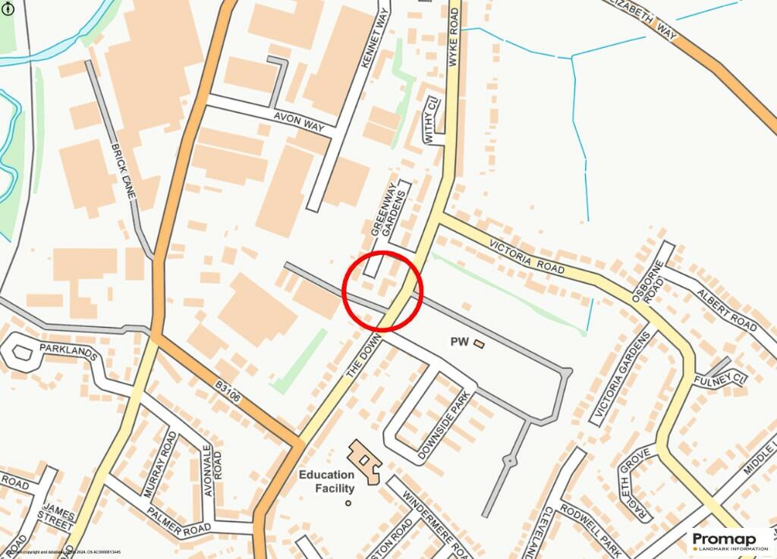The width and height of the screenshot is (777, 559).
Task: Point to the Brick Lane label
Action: point(122,171)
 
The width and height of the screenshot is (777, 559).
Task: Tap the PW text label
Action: point(460,343)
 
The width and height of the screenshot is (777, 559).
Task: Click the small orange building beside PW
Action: point(479,344)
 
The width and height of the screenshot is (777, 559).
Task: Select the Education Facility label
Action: point(326,482)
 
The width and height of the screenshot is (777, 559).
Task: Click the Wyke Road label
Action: point(454,42)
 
